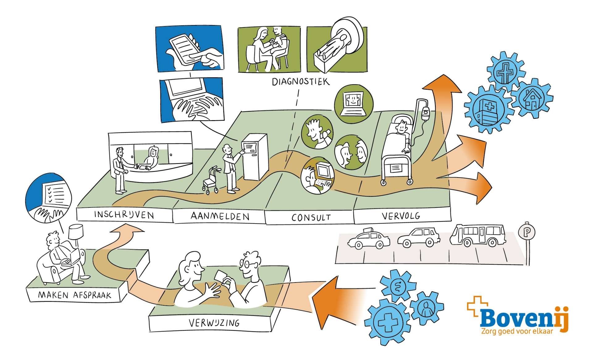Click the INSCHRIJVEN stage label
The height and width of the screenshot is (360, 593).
[x=124, y=215]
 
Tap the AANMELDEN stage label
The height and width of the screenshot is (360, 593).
[x=220, y=216]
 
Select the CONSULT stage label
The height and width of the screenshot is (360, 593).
[x=311, y=217]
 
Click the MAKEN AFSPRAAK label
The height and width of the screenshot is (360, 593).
[x=74, y=295]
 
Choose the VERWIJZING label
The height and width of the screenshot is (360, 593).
[x=214, y=323]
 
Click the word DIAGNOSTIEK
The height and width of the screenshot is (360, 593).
[x=296, y=82]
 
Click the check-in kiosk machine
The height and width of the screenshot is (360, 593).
[x=255, y=157]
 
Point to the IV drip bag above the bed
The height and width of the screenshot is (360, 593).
[x=426, y=111]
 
